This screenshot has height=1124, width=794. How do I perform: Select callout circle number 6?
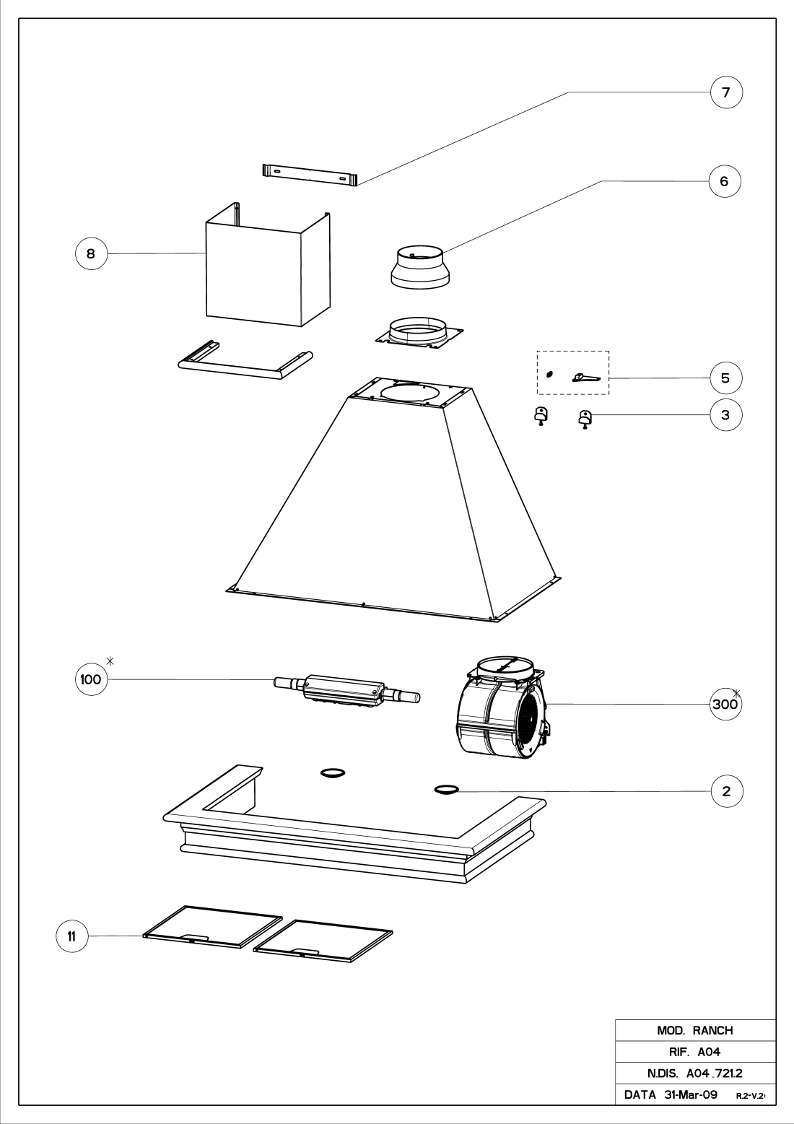pos(725,181)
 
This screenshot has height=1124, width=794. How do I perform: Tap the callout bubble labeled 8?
pos(91,253)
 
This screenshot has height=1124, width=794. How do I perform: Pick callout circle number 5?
pos(725,378)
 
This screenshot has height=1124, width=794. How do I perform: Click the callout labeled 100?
pos(92,679)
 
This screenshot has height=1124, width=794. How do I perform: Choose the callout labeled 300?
pos(724,704)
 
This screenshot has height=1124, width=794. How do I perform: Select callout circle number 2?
pos(726,791)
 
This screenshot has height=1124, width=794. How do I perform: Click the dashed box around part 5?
pos(573,373)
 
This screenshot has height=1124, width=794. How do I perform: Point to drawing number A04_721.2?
pos(711,1073)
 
